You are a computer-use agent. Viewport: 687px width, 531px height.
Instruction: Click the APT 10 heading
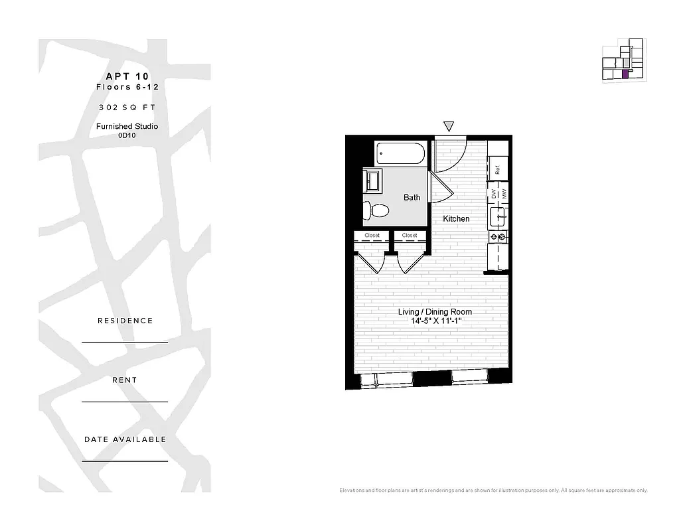127,76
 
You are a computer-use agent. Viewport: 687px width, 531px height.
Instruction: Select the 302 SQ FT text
127,107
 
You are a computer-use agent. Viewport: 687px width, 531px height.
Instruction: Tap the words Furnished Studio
127,126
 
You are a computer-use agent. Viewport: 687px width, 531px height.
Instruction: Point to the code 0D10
127,135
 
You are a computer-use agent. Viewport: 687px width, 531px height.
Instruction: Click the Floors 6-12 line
127,87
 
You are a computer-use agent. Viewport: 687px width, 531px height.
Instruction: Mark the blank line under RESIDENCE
125,342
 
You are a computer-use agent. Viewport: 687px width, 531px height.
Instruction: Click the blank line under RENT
125,402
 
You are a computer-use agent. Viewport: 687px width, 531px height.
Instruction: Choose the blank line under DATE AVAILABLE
125,461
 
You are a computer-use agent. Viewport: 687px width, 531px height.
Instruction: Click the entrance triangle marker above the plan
449,126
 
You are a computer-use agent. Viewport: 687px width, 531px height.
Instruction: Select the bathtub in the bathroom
400,153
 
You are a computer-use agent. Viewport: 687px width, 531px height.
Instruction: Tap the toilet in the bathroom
376,210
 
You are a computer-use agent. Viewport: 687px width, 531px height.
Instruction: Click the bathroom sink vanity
372,180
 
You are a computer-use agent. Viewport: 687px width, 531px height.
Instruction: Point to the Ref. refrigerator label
497,169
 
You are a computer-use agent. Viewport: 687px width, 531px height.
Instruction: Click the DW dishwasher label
494,194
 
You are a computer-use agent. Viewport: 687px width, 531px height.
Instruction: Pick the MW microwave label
504,194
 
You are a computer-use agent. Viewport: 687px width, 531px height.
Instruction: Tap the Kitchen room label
456,218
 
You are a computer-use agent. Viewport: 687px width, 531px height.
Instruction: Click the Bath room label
412,197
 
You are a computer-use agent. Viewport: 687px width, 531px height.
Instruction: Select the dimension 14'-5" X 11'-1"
435,321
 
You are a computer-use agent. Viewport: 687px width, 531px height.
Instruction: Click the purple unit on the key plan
625,74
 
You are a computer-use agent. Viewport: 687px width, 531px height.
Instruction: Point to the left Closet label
372,236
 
